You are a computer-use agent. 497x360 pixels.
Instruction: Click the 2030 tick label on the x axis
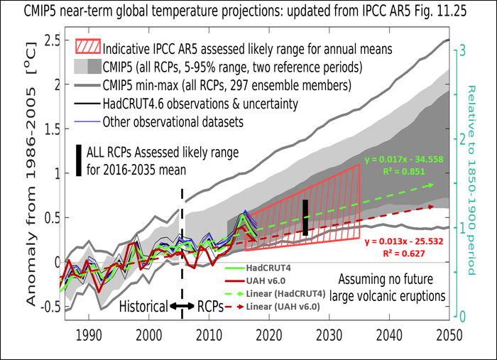(327, 334)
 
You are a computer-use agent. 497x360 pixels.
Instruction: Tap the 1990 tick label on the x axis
(88, 334)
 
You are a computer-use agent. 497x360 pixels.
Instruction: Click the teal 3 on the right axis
(459, 50)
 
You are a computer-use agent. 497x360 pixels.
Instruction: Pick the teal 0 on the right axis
(459, 316)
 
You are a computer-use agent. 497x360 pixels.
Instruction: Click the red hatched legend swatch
(85, 50)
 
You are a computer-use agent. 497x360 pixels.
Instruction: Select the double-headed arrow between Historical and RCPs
(182, 307)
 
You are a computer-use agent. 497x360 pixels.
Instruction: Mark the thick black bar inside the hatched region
(305, 217)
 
